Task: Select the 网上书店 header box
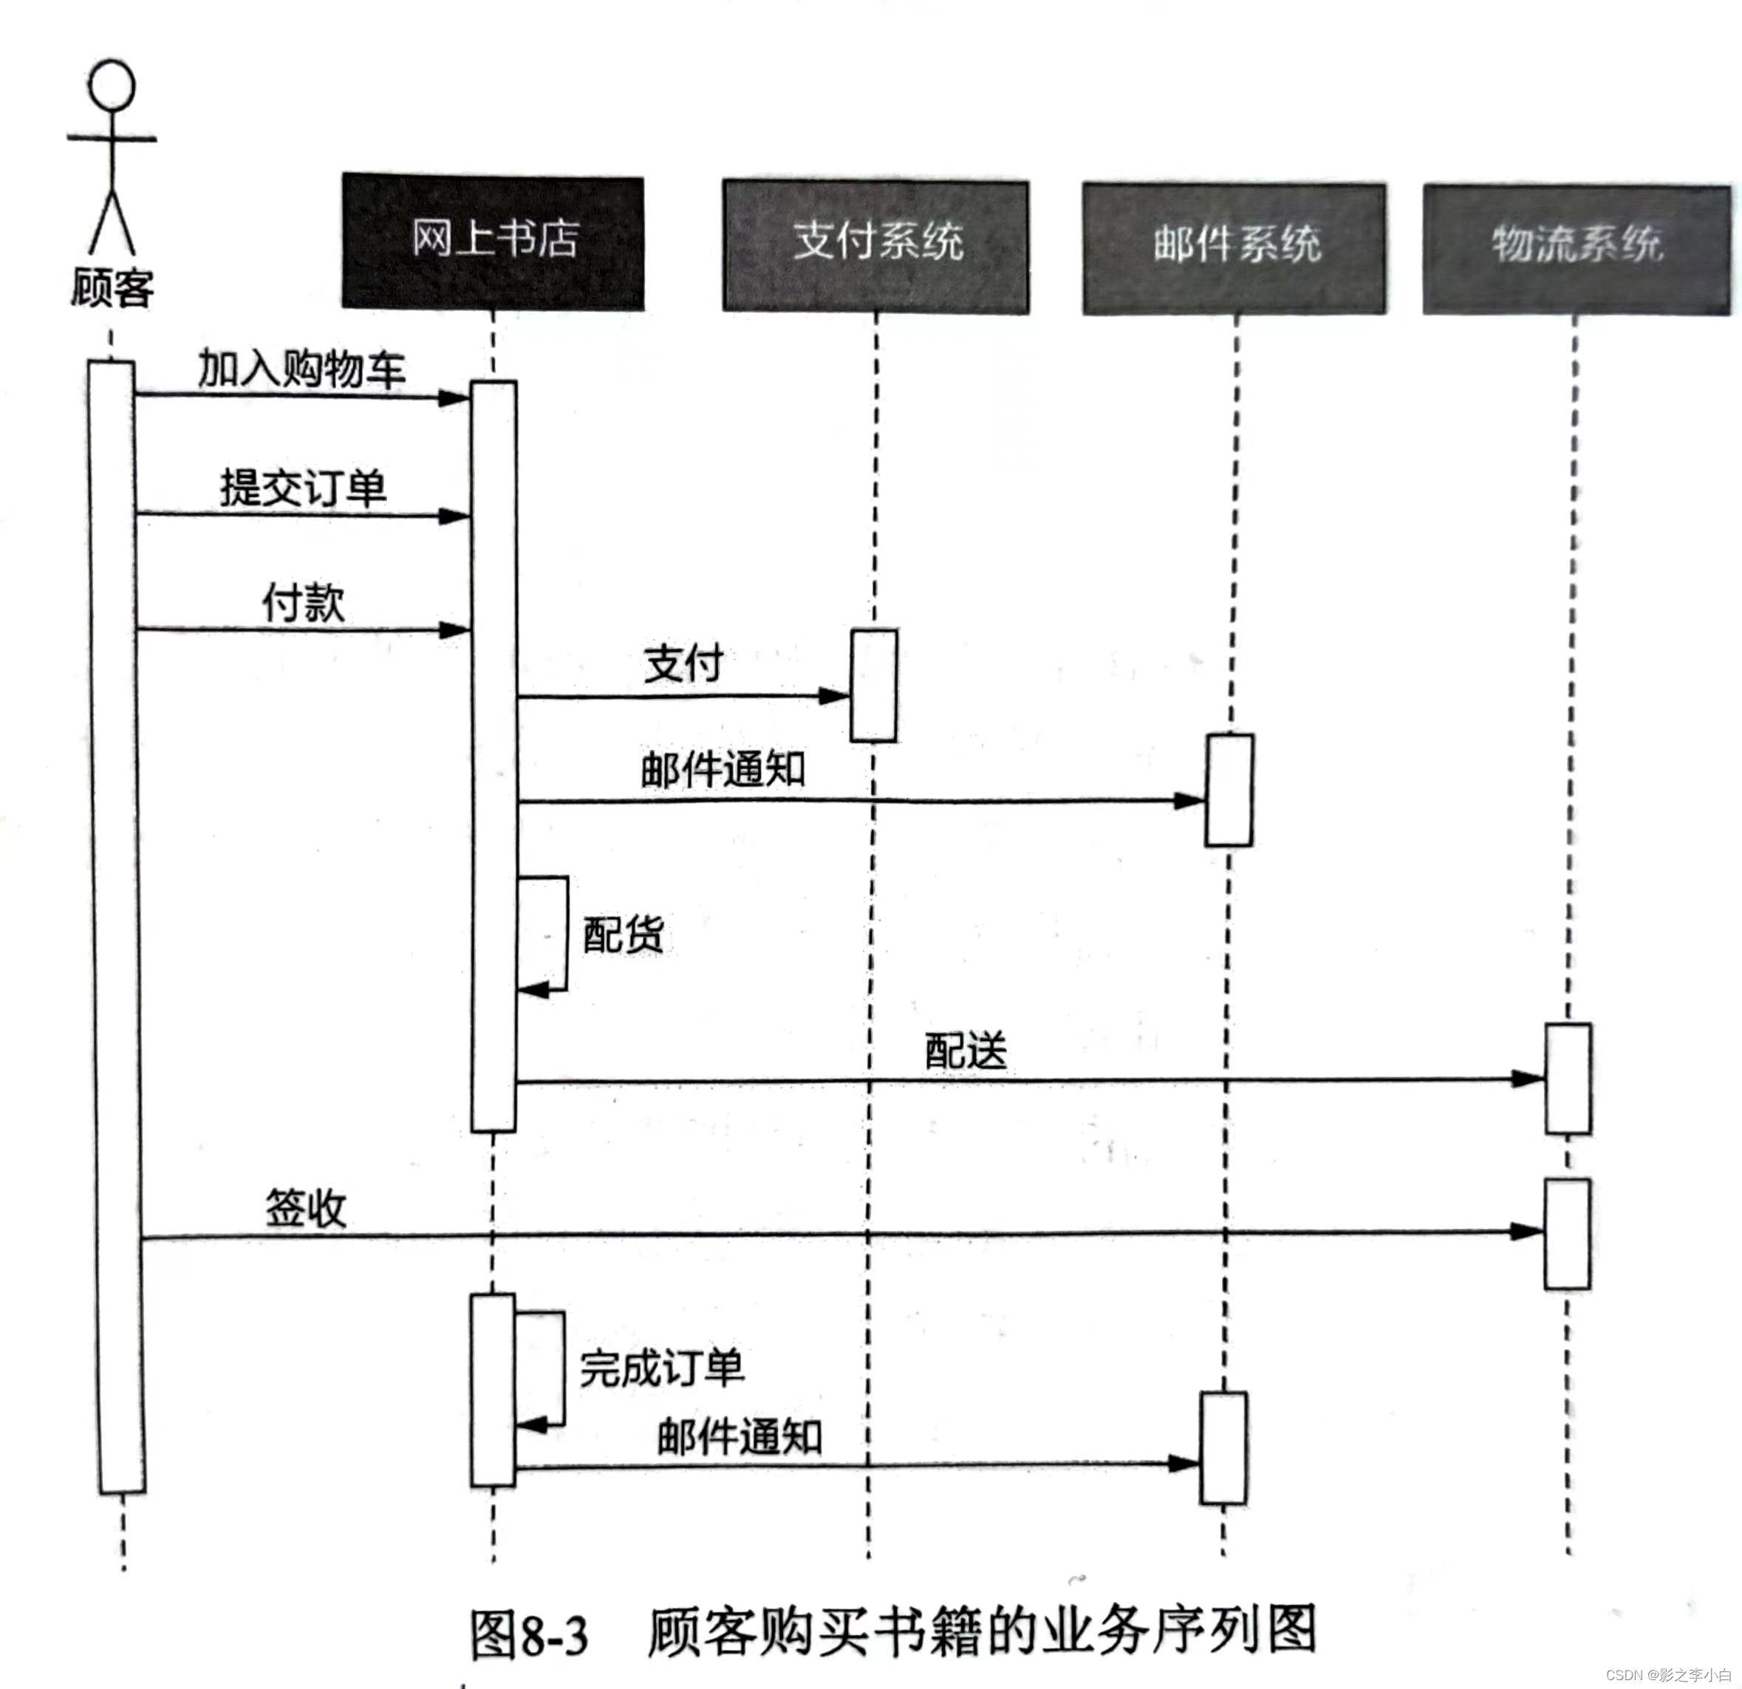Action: (493, 242)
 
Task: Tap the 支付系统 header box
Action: (875, 246)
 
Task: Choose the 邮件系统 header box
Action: (1234, 249)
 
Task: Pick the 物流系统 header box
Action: (1577, 250)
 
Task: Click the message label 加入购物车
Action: (301, 368)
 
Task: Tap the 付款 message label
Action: (303, 603)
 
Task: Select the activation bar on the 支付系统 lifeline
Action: (874, 686)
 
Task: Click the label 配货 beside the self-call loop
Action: (623, 935)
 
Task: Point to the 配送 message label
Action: (966, 1051)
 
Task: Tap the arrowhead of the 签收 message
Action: (1528, 1231)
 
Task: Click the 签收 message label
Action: (306, 1208)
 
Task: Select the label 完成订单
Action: (662, 1367)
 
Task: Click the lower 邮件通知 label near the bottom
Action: (740, 1436)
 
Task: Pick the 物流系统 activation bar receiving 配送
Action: (1568, 1078)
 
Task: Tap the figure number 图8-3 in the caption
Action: (529, 1634)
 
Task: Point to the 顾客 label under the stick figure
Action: (112, 288)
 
